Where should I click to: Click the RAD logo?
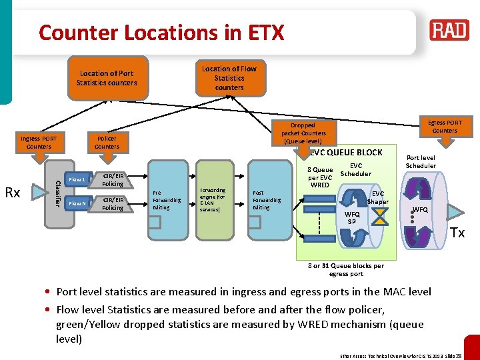point(449,31)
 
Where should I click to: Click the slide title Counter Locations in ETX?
point(161,32)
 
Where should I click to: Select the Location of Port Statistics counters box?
point(107,78)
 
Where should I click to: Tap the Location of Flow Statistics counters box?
point(229,78)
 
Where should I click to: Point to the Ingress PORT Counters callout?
point(39,143)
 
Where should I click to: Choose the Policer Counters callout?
point(107,143)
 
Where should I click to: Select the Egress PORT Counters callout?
point(445,127)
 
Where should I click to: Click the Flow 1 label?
point(77,179)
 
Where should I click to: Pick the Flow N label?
point(77,203)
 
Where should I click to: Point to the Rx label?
point(13,193)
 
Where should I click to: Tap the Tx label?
point(457,233)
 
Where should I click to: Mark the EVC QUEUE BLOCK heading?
point(346,153)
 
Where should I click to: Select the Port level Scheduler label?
point(421,162)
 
